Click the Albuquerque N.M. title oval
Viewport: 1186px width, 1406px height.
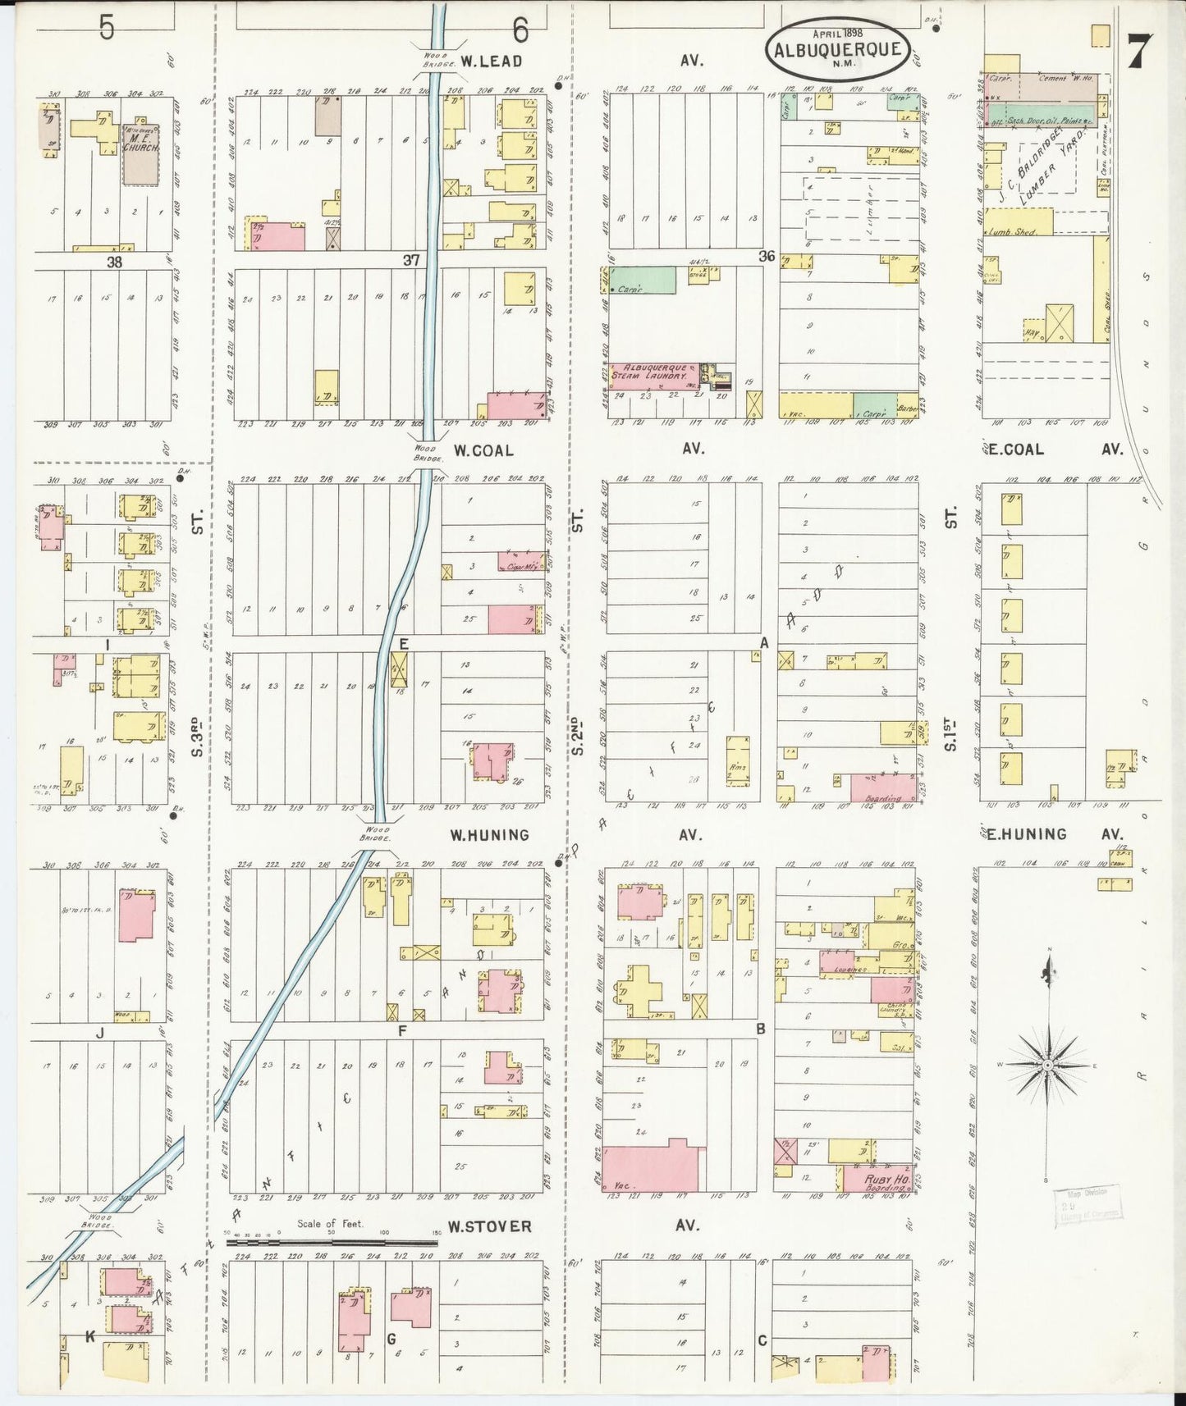click(836, 48)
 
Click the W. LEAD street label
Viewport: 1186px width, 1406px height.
click(491, 60)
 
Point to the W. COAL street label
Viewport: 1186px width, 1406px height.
click(483, 450)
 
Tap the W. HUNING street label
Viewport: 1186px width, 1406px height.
click(488, 835)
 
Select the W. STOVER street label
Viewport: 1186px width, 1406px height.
click(489, 1226)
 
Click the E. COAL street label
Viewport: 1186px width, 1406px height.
click(1016, 449)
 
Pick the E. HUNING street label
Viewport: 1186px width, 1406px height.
click(1027, 834)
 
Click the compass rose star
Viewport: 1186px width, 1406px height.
click(1047, 1065)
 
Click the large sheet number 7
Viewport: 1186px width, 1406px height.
click(1140, 52)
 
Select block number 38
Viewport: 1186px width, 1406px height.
click(113, 262)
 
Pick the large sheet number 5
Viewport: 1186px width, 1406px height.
click(107, 28)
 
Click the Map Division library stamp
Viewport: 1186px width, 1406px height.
click(1088, 1204)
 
